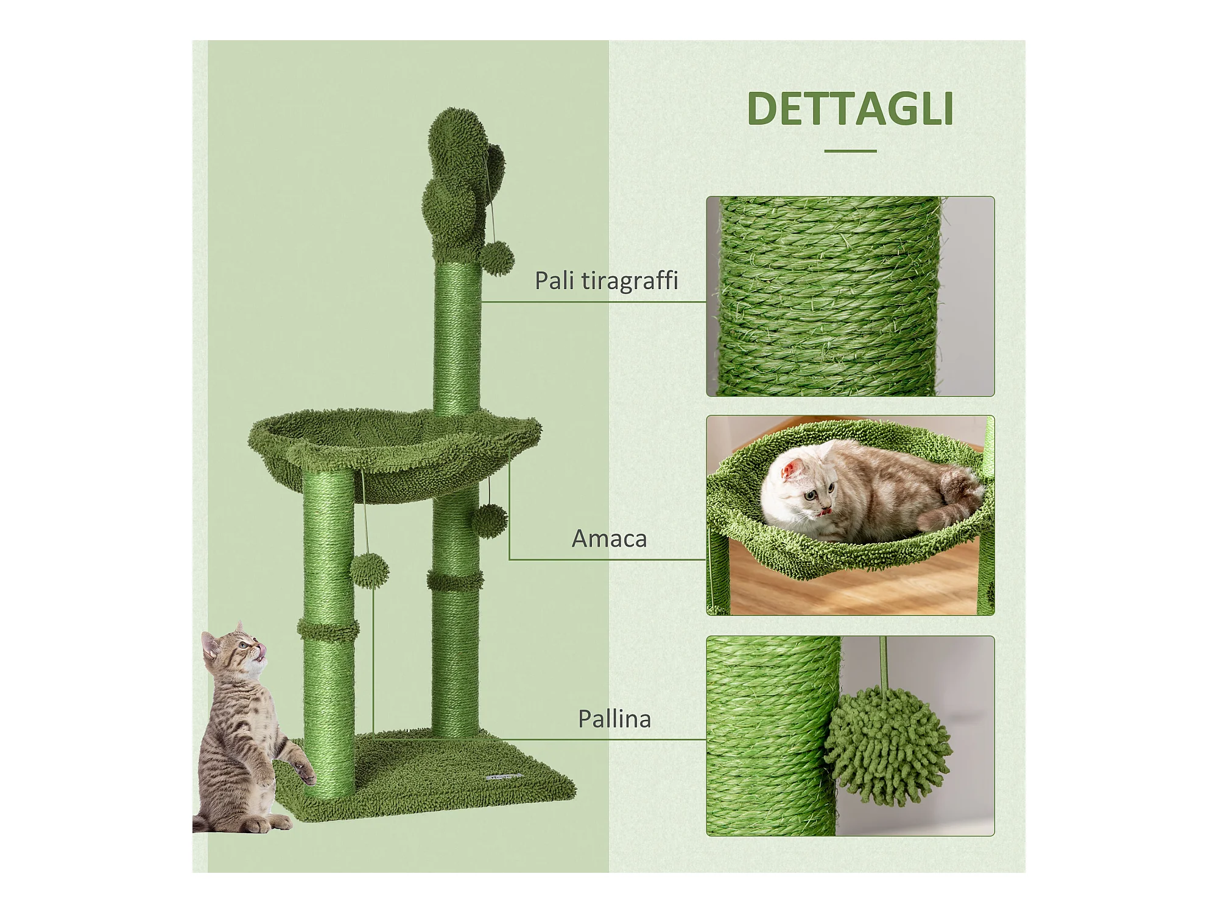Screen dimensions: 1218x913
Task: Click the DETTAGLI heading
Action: click(850, 109)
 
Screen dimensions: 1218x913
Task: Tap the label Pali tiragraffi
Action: click(607, 281)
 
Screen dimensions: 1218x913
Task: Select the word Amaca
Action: click(609, 539)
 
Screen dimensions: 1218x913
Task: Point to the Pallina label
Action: click(614, 719)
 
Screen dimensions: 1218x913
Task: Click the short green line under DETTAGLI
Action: click(851, 151)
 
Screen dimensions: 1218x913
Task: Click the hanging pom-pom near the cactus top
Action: click(497, 258)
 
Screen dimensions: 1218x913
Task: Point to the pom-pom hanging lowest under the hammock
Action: click(370, 569)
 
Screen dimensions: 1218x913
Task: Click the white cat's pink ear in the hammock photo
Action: click(792, 469)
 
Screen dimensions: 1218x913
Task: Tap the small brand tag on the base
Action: click(505, 777)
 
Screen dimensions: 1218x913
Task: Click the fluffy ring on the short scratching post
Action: click(328, 629)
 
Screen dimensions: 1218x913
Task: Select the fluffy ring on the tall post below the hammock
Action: click(456, 579)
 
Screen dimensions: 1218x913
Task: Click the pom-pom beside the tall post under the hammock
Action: click(489, 520)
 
